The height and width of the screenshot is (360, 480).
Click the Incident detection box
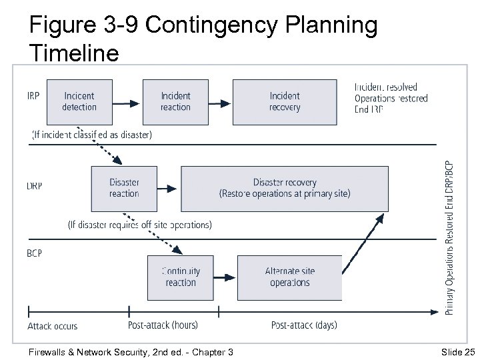coord(79,101)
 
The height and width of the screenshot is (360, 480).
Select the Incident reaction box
coord(175,101)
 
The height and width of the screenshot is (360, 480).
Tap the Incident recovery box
coord(285,101)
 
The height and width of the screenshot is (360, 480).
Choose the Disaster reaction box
coord(124,188)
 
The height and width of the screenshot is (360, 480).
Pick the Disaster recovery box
coord(285,188)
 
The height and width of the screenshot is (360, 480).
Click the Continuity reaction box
coord(181,277)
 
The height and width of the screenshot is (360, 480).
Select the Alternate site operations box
coord(289,277)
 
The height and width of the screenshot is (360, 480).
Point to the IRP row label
coord(33,95)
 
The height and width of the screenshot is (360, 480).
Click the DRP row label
coord(35,186)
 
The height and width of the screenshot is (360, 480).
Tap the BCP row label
coord(34,254)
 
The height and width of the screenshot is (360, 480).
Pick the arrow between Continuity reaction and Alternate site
coord(225,277)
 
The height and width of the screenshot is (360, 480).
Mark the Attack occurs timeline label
coord(52,327)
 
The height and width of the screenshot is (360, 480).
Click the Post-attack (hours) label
coord(162,325)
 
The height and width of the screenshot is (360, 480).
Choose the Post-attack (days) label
coord(304,325)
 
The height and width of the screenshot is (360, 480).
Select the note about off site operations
coord(140,225)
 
